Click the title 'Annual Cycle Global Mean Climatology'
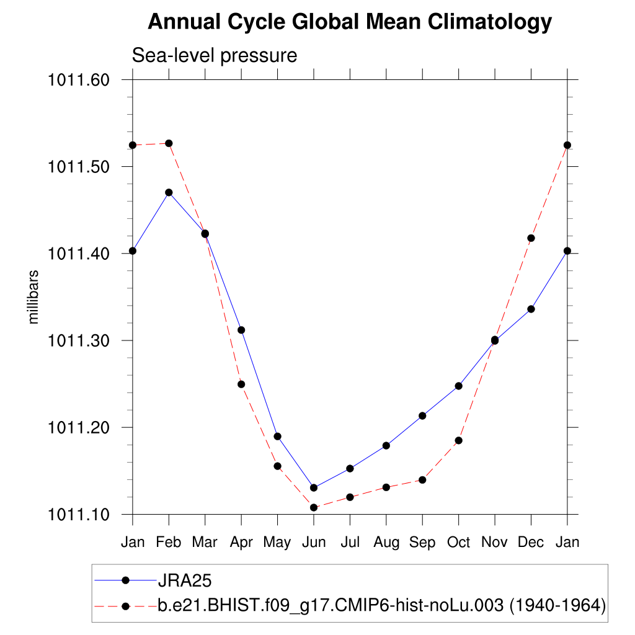pos(350,22)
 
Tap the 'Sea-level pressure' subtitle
pos(215,56)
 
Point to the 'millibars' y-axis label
pos(34,297)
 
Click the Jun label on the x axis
pos(314,543)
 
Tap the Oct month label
pos(458,543)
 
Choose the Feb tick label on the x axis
pos(169,543)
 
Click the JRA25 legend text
pos(185,580)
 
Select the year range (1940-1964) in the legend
pos(557,605)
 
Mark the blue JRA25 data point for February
pos(169,192)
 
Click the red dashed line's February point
pos(169,143)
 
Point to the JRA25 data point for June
pos(314,487)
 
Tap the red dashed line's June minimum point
pos(314,507)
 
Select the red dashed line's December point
pos(531,238)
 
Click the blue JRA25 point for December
pos(531,309)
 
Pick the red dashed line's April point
pos(241,384)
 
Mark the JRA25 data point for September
pos(422,415)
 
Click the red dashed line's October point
pos(458,440)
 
